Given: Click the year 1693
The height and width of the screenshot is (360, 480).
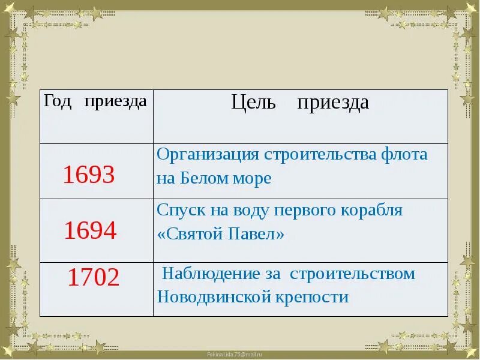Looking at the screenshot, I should click(x=88, y=175).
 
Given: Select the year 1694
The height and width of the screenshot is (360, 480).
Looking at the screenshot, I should click(x=90, y=230).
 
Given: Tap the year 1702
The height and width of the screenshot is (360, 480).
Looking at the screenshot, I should click(x=93, y=277).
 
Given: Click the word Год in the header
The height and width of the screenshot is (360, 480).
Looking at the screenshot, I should click(x=57, y=101).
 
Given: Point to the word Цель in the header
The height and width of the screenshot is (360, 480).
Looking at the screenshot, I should click(x=253, y=103).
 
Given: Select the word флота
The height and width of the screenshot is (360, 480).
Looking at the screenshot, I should click(x=404, y=154).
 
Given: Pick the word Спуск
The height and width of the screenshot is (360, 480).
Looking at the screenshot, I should click(x=178, y=210).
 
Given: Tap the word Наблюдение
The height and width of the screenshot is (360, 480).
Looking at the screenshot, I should click(x=209, y=274).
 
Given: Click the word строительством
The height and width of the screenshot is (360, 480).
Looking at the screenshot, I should click(x=352, y=274).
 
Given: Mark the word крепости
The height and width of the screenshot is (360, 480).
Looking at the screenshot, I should click(x=311, y=297).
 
